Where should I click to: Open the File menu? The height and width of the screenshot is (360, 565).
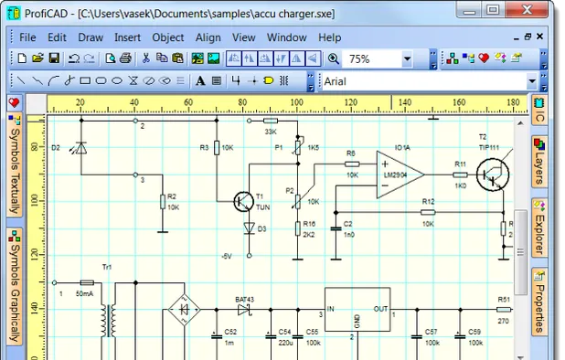pyautogui.click(x=27, y=37)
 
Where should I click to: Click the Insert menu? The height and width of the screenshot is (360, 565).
pyautogui.click(x=127, y=37)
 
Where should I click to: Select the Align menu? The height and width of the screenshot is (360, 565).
pyautogui.click(x=208, y=37)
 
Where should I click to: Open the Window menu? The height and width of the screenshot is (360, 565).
pyautogui.click(x=286, y=37)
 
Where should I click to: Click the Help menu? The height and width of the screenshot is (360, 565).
pyautogui.click(x=329, y=37)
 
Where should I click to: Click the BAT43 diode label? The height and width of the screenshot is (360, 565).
pyautogui.click(x=244, y=299)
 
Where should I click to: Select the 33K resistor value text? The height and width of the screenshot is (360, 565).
pyautogui.click(x=271, y=132)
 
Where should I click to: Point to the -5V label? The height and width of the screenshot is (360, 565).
pyautogui.click(x=227, y=255)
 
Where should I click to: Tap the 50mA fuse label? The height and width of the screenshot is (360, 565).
pyautogui.click(x=84, y=294)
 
